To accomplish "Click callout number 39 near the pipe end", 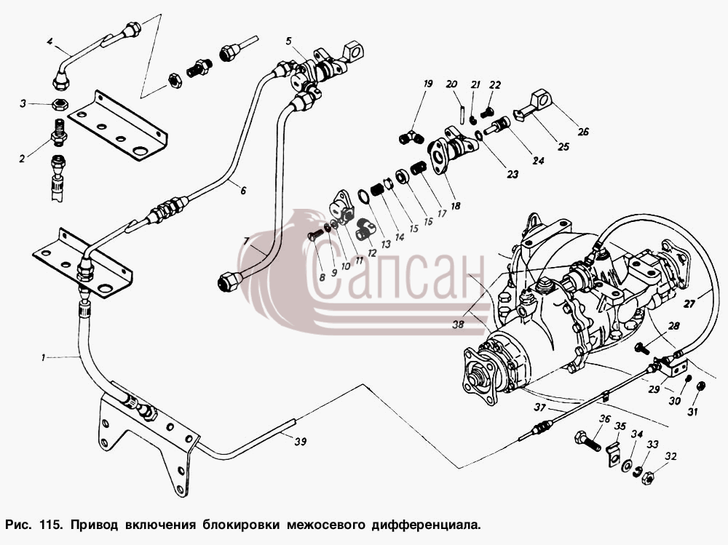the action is [301, 442].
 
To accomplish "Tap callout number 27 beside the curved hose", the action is [689, 304].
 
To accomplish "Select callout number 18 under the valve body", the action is [456, 205].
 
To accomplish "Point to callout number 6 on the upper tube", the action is [243, 191].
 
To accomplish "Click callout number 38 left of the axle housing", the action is [458, 325].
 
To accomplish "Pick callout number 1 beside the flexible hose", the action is [43, 357].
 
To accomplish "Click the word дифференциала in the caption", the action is [424, 525].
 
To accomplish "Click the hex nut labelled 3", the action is [60, 104].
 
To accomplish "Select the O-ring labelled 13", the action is [364, 196].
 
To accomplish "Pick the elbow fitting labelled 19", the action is [411, 138].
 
